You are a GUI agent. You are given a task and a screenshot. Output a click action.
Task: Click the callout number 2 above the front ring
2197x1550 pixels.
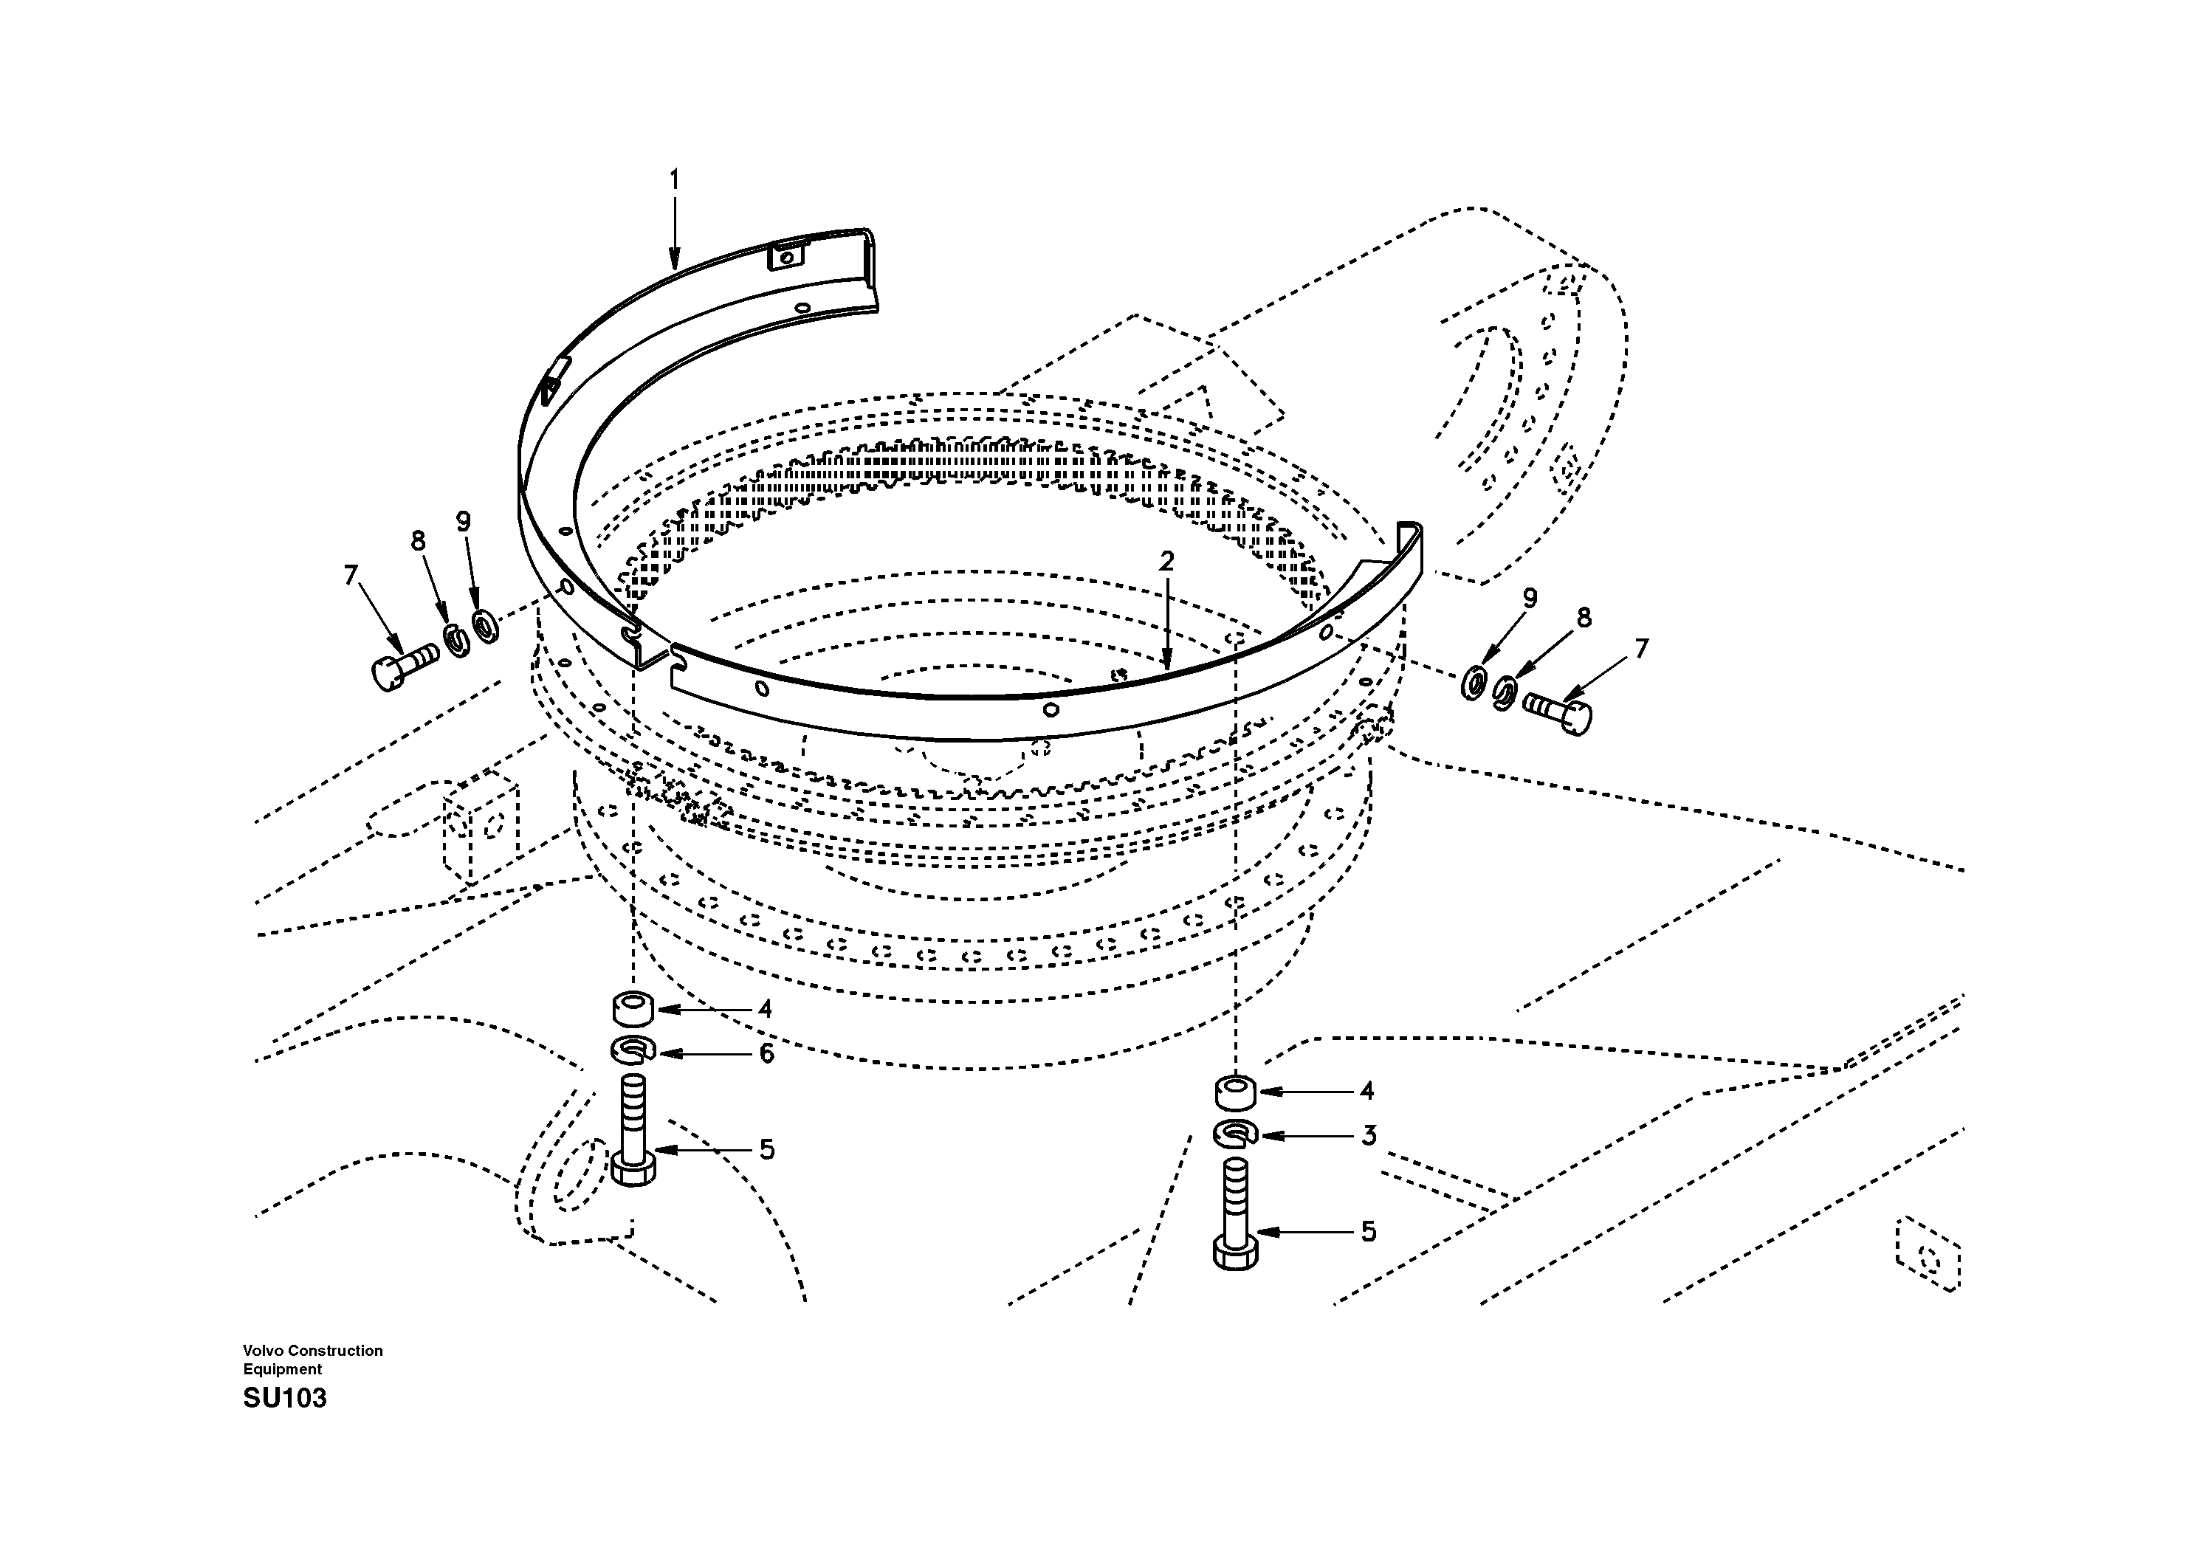(1166, 562)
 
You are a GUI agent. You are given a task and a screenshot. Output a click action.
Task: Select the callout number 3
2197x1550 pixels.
(1369, 1136)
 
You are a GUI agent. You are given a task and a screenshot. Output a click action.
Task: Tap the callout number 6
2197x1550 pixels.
(766, 1053)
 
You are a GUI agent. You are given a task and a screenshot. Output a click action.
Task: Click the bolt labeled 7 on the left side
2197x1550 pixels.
(402, 665)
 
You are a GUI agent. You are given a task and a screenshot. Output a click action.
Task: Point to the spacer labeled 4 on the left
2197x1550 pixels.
(633, 1008)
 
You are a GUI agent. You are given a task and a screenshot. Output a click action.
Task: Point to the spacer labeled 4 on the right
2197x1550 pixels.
(1235, 1091)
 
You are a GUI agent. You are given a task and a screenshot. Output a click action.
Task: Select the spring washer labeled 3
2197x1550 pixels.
(1235, 1134)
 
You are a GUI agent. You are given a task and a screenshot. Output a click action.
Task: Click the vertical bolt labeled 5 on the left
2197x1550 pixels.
(633, 1130)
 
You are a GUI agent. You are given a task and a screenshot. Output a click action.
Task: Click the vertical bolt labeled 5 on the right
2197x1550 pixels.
(1235, 1213)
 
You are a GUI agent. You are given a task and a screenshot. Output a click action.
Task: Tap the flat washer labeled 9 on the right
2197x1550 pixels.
(1474, 685)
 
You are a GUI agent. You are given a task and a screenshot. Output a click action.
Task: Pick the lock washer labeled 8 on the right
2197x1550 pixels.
(1505, 692)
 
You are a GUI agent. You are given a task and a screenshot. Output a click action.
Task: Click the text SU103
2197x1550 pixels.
(284, 1399)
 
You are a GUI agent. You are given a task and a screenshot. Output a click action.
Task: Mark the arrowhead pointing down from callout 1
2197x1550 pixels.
(674, 258)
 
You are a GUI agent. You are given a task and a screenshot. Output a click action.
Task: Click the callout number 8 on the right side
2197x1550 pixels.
(1584, 618)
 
